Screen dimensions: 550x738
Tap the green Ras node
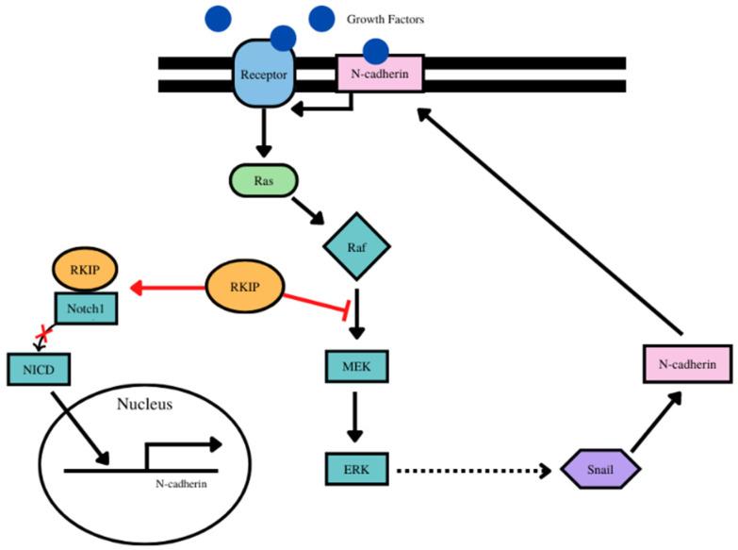pyautogui.click(x=263, y=180)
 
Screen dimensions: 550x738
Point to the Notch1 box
pyautogui.click(x=86, y=308)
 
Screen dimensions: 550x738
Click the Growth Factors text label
pyautogui.click(x=385, y=18)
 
